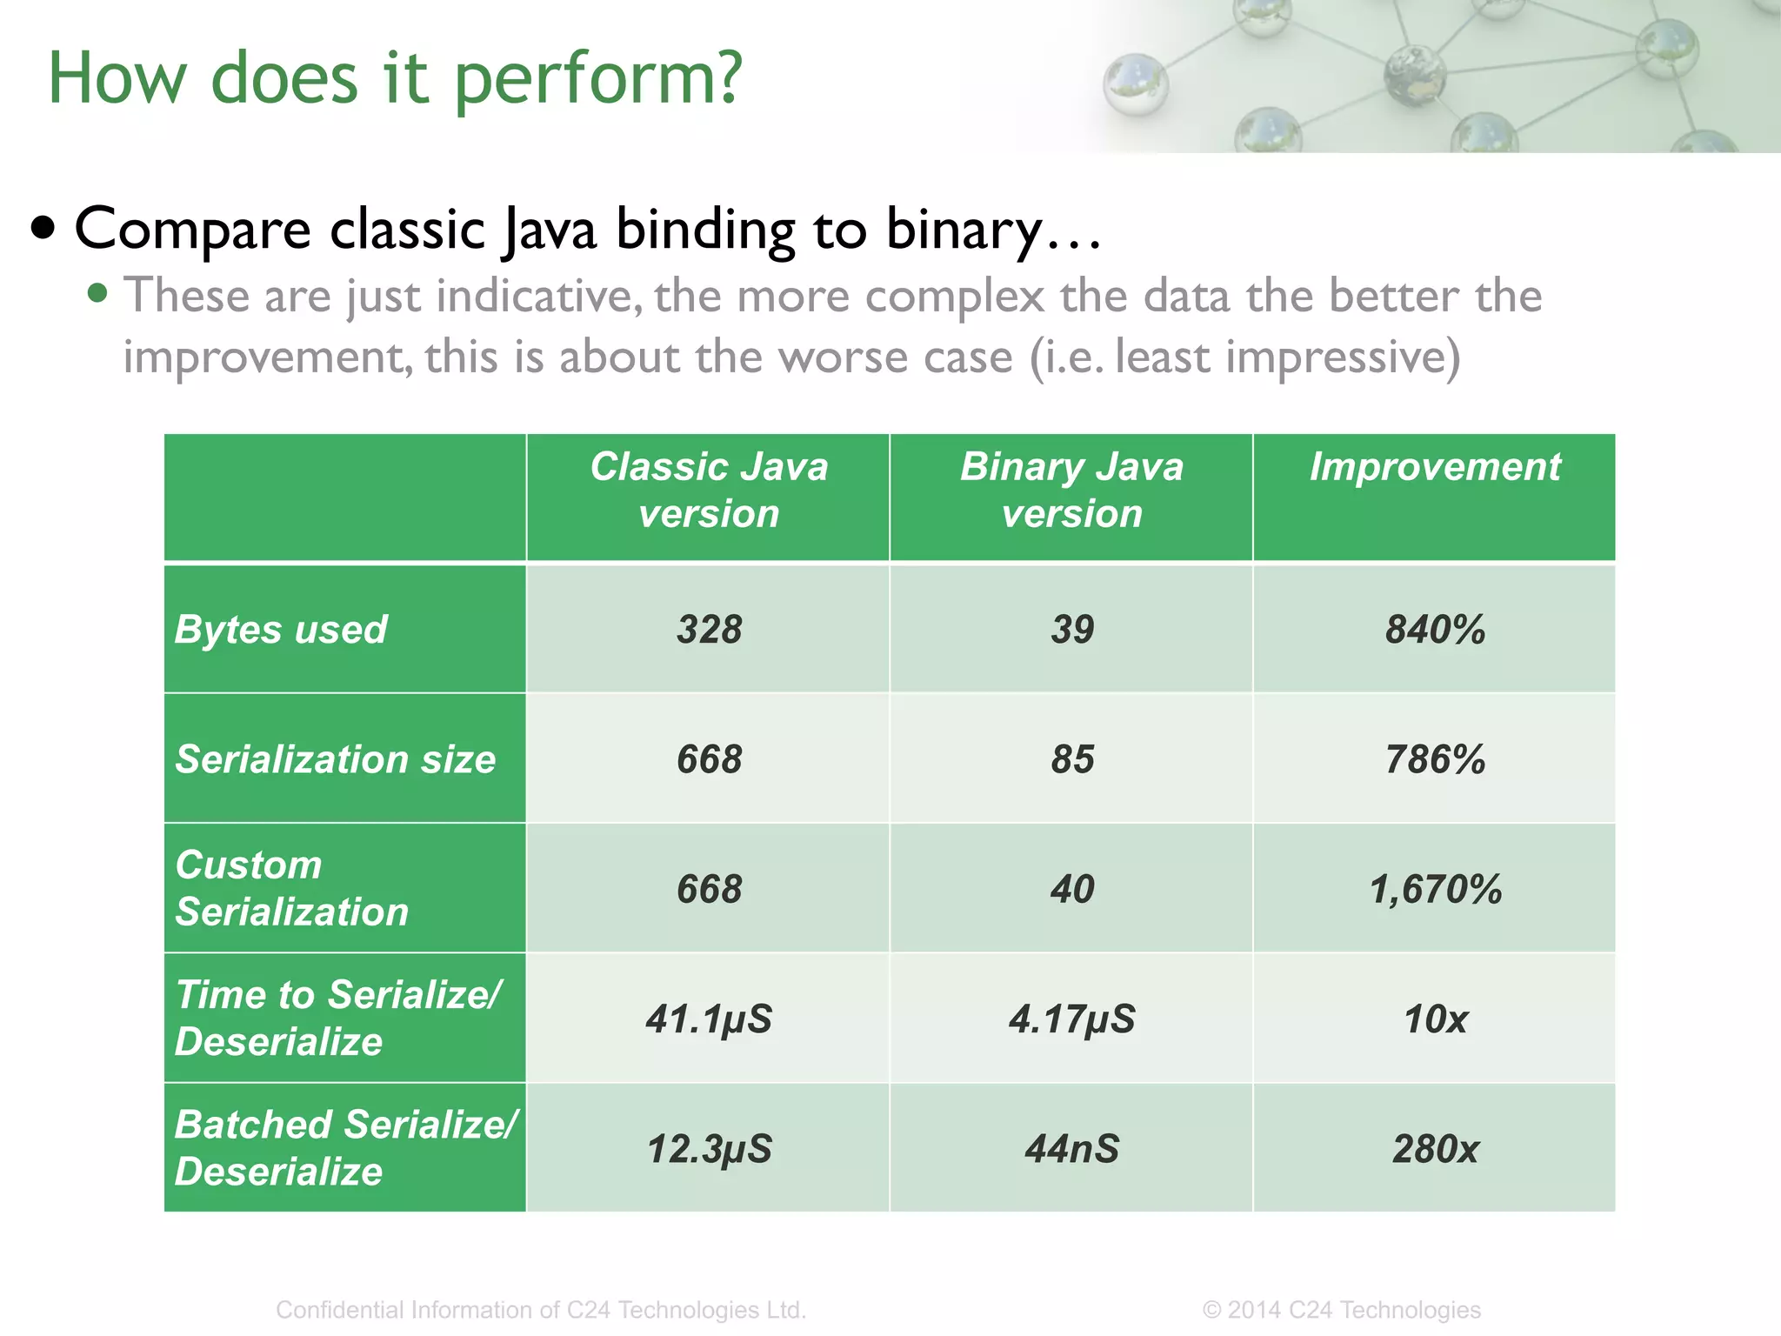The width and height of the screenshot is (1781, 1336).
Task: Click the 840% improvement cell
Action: [1435, 629]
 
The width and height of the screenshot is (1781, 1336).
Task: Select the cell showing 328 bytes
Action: [709, 629]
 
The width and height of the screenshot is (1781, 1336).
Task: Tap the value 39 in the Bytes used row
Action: [1071, 629]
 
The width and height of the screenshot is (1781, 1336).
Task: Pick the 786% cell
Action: [1435, 758]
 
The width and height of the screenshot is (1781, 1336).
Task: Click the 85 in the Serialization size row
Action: [1071, 758]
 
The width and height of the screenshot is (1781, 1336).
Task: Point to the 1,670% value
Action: [1435, 889]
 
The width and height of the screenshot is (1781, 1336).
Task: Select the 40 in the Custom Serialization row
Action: [1071, 889]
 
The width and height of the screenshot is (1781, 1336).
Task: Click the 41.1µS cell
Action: [709, 1019]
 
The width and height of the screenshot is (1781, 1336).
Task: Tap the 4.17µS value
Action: [1071, 1019]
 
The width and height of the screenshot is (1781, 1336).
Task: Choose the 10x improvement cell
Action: [1435, 1019]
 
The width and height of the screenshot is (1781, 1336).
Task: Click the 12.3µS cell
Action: [709, 1148]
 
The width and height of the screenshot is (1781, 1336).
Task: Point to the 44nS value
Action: [1071, 1148]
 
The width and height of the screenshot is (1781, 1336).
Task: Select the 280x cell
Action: [1435, 1148]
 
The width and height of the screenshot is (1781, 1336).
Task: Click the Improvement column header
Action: [1435, 467]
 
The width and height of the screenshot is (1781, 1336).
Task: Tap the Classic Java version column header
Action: [709, 490]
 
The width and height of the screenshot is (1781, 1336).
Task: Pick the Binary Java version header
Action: [1071, 490]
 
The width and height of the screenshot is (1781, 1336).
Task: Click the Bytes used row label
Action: [281, 629]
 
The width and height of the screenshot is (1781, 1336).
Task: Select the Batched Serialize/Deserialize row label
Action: [345, 1147]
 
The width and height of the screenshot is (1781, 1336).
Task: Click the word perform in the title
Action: [598, 78]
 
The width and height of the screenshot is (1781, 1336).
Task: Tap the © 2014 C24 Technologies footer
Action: [1341, 1309]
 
